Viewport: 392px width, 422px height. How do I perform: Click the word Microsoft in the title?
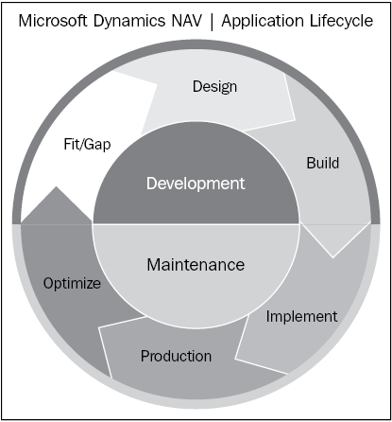[x=53, y=21]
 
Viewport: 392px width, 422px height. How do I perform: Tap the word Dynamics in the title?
[x=129, y=22]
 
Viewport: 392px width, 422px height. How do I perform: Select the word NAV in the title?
[x=187, y=21]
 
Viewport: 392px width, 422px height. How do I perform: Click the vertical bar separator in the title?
[x=212, y=22]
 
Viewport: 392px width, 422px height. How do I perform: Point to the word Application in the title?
[x=263, y=22]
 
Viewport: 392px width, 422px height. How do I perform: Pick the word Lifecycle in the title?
[x=341, y=22]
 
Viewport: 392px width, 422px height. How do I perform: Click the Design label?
[x=214, y=87]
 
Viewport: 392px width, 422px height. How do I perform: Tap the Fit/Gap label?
[x=87, y=145]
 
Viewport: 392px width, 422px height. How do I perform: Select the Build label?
[x=323, y=163]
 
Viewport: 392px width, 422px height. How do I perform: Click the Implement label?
[x=301, y=317]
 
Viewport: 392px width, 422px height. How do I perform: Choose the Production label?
[x=176, y=356]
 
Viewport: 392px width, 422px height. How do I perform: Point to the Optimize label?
[x=72, y=283]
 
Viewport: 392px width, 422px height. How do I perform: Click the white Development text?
[x=196, y=184]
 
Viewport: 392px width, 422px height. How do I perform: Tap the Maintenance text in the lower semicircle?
[x=196, y=264]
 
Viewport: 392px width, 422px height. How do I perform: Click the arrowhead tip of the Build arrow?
[x=332, y=257]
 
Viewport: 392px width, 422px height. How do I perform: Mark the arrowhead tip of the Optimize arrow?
[x=57, y=186]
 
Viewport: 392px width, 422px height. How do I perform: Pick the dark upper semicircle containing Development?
[x=196, y=177]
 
